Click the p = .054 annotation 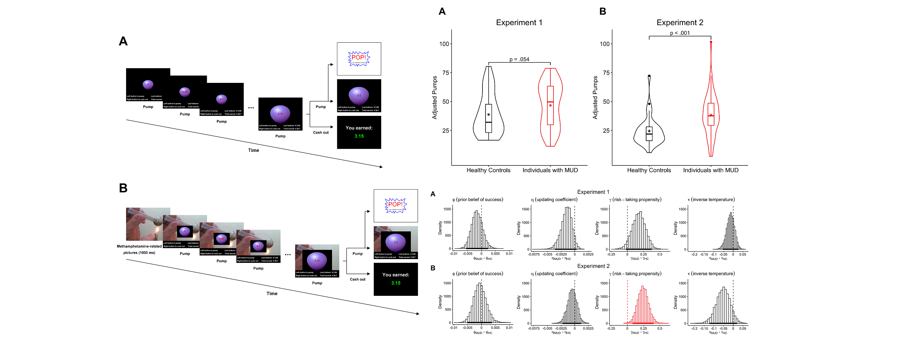click(x=519, y=59)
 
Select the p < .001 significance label click(x=680, y=33)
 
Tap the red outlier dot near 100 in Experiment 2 click(x=711, y=42)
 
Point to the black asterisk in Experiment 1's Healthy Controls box click(x=489, y=115)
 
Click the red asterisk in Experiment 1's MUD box click(x=550, y=106)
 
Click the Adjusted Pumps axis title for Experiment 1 click(x=435, y=98)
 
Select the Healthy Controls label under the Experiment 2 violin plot click(x=649, y=170)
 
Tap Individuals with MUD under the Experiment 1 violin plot click(x=550, y=170)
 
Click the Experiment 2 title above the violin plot click(x=680, y=22)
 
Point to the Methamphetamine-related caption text click(x=139, y=246)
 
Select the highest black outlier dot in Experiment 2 click(x=649, y=76)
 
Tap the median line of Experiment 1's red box click(x=550, y=102)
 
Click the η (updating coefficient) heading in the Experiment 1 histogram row click(x=554, y=199)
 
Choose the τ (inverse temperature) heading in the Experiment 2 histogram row click(x=711, y=274)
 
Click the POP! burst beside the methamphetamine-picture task click(x=395, y=205)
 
